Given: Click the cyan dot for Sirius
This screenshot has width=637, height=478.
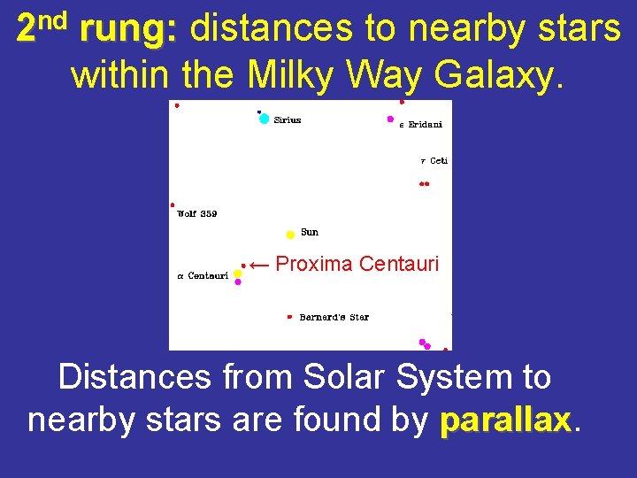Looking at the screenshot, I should pos(264,119).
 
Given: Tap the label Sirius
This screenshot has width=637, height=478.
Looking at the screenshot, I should pos(287,120).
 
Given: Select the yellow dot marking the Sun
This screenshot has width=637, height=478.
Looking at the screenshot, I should pos(290,235).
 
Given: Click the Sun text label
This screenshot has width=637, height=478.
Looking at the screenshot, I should pos(310,232).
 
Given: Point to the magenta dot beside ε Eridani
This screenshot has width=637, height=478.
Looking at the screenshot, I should pos(390,119).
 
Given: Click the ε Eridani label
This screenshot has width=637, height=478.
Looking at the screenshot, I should pos(421,125).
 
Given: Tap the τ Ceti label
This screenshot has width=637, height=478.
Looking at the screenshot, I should pos(434,161).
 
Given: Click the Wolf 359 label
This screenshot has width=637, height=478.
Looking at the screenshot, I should pos(196,213).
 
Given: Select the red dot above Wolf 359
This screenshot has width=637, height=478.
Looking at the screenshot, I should pos(172,204).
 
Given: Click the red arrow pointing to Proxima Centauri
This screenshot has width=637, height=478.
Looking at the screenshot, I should pos(258,264).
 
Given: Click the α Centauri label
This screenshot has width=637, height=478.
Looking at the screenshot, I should pos(203,276).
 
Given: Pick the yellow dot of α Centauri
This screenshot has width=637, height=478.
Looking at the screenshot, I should pos(237,274).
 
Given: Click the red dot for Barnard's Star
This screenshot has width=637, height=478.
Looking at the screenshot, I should pos(289,316).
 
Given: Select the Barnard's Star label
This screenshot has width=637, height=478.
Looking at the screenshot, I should pos(334,317).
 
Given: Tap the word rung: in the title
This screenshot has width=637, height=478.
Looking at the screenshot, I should pos(128,29).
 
